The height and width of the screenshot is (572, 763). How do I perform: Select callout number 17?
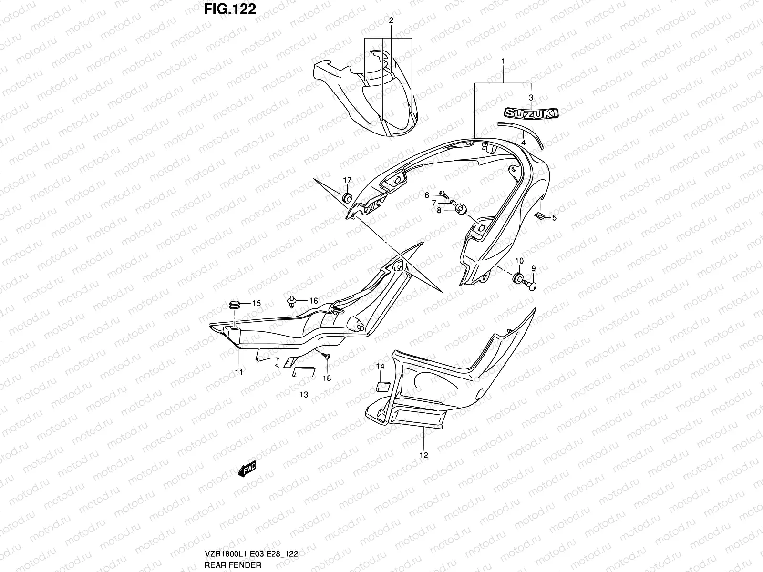347,180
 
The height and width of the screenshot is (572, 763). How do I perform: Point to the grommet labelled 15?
235,305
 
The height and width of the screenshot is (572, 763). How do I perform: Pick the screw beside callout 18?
324,355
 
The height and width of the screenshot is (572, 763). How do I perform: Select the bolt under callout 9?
531,285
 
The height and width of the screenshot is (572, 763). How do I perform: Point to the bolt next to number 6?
443,194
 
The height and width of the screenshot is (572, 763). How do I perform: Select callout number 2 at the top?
391,20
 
